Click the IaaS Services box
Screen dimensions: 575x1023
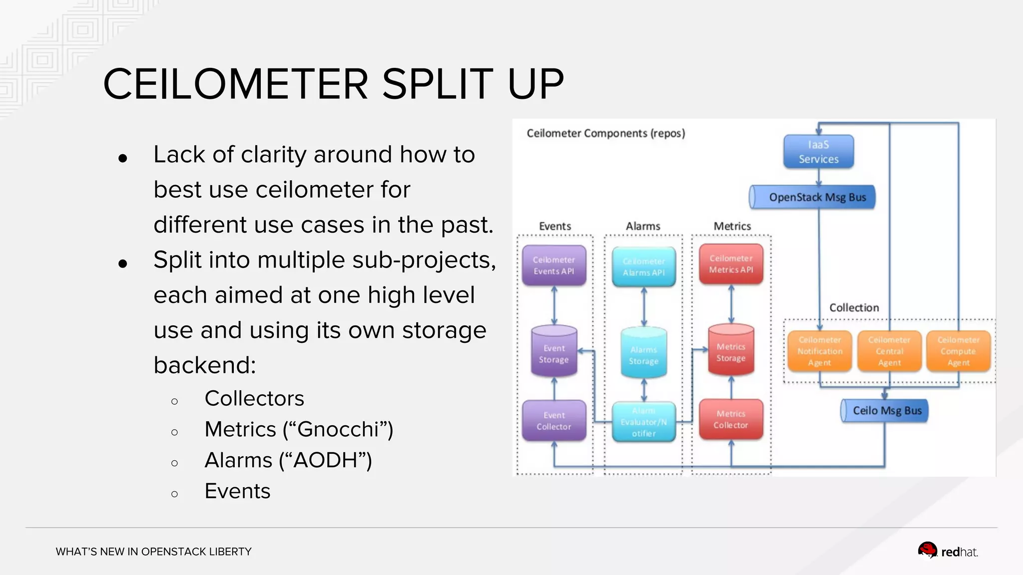point(818,152)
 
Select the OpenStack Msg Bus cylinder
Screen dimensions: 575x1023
point(813,197)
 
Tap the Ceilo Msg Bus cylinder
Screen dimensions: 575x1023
point(885,411)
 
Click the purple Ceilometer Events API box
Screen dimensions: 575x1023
point(554,266)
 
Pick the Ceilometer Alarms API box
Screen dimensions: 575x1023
point(643,267)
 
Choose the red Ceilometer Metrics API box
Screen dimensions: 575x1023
point(731,264)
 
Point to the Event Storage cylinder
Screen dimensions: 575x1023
point(554,352)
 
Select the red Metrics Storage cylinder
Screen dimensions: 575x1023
point(731,350)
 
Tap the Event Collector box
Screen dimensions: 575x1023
point(554,421)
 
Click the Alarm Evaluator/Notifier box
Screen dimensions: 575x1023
point(643,422)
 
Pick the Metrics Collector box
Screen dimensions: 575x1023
point(731,419)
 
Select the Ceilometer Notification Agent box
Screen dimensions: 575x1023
point(820,351)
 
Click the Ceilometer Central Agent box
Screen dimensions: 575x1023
point(889,351)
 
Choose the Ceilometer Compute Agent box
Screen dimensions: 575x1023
point(958,351)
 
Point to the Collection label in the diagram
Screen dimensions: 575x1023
point(854,308)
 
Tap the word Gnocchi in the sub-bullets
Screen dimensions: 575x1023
point(338,429)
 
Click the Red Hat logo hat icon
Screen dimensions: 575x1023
point(928,551)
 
